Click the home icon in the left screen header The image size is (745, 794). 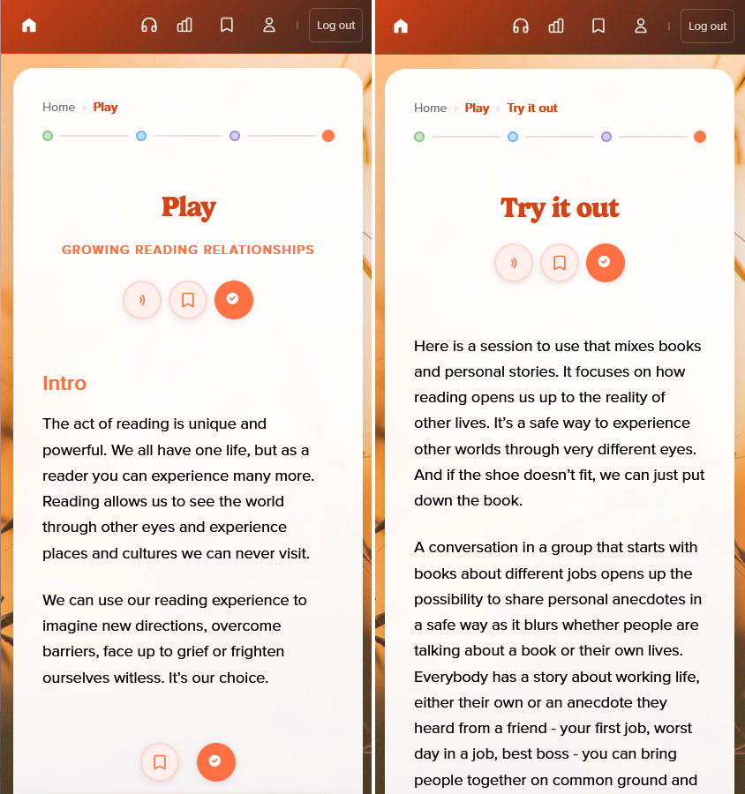29,26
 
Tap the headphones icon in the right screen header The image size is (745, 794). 521,26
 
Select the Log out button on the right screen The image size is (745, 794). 707,26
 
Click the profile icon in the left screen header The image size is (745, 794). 269,26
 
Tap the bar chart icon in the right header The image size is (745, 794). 556,26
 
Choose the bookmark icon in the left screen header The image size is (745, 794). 227,26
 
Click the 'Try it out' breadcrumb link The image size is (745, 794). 532,109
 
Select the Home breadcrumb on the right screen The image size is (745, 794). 430,108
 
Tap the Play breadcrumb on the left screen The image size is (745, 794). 105,108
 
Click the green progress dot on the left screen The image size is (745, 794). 48,136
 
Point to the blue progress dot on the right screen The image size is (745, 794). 513,137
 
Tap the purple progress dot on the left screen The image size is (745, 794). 235,136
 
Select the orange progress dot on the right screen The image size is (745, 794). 700,137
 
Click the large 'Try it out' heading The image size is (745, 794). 560,208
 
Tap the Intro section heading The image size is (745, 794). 64,384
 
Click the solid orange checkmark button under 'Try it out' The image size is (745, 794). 606,263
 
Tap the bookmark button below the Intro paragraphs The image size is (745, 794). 160,762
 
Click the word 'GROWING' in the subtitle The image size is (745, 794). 96,250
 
